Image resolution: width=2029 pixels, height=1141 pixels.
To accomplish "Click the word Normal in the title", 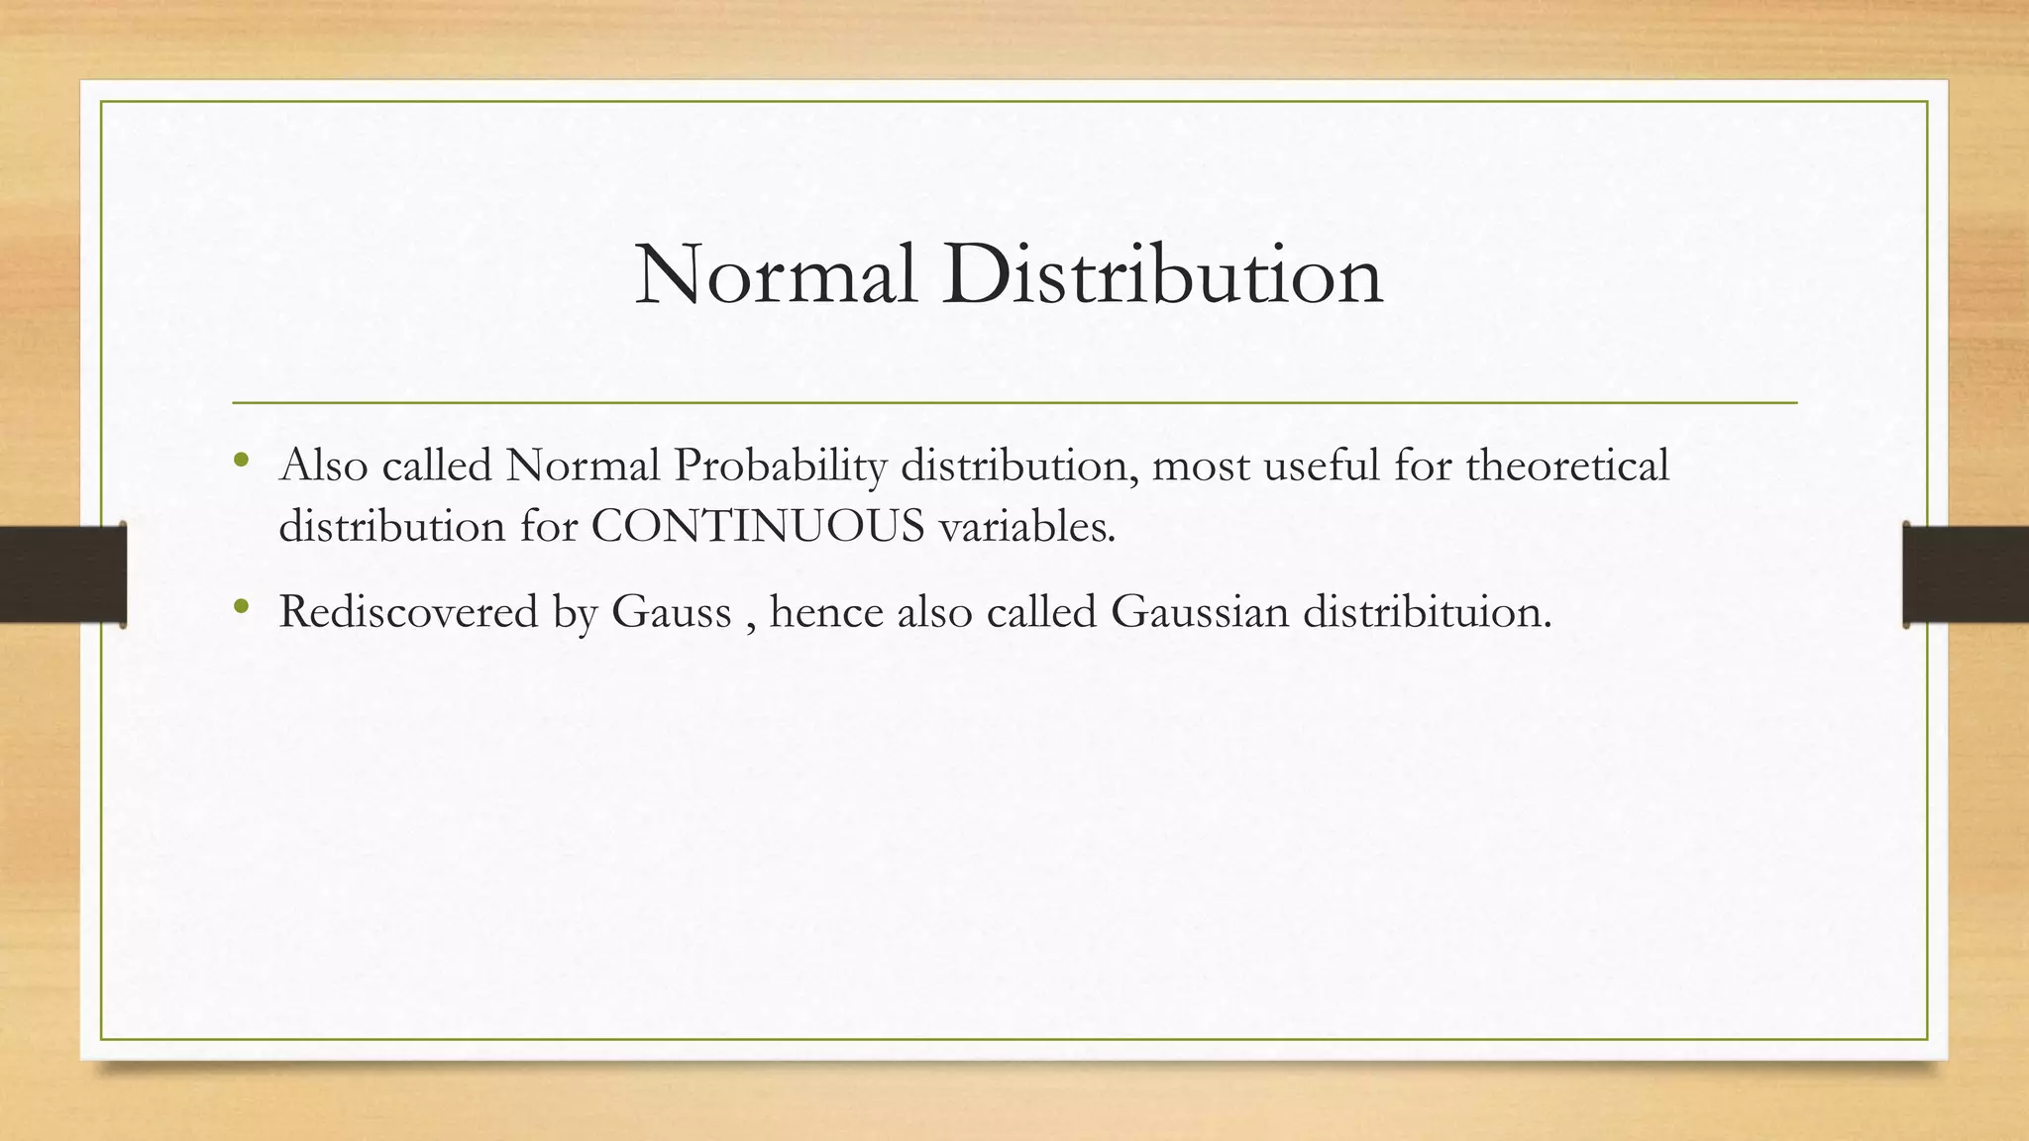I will (x=776, y=275).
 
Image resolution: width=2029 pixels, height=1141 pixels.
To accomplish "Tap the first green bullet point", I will (x=241, y=460).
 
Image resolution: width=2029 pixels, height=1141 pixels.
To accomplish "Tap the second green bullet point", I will (x=241, y=605).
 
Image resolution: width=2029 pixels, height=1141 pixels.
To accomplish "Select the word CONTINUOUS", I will (x=758, y=526).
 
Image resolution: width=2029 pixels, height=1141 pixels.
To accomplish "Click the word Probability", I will (x=780, y=466).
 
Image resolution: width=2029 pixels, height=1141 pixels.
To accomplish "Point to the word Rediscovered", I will (x=408, y=611).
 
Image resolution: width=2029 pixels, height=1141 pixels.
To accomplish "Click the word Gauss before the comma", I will (x=671, y=611).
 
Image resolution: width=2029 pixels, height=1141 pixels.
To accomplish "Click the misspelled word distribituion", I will (x=1427, y=611).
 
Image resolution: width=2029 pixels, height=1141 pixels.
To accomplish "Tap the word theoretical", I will (x=1567, y=466).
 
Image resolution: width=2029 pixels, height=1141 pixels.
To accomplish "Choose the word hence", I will (x=826, y=611).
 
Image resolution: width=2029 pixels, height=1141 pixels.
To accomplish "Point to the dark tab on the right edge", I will (x=1966, y=574).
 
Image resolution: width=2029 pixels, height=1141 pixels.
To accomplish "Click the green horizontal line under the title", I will (x=1014, y=403).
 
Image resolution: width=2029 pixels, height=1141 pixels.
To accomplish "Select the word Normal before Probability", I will (x=583, y=466).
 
